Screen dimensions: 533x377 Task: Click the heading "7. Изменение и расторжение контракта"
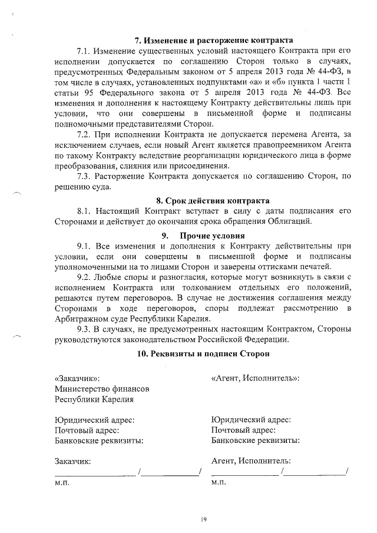pos(214,41)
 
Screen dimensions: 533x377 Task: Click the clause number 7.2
pos(87,135)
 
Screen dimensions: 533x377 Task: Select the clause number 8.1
pos(87,211)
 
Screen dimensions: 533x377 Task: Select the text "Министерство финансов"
pos(101,389)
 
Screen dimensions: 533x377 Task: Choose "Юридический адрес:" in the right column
pos(251,420)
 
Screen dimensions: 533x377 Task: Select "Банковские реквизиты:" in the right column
pos(255,440)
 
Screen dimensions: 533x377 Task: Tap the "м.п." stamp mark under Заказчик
pos(62,482)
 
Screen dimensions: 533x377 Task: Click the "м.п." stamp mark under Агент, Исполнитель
pos(219,482)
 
